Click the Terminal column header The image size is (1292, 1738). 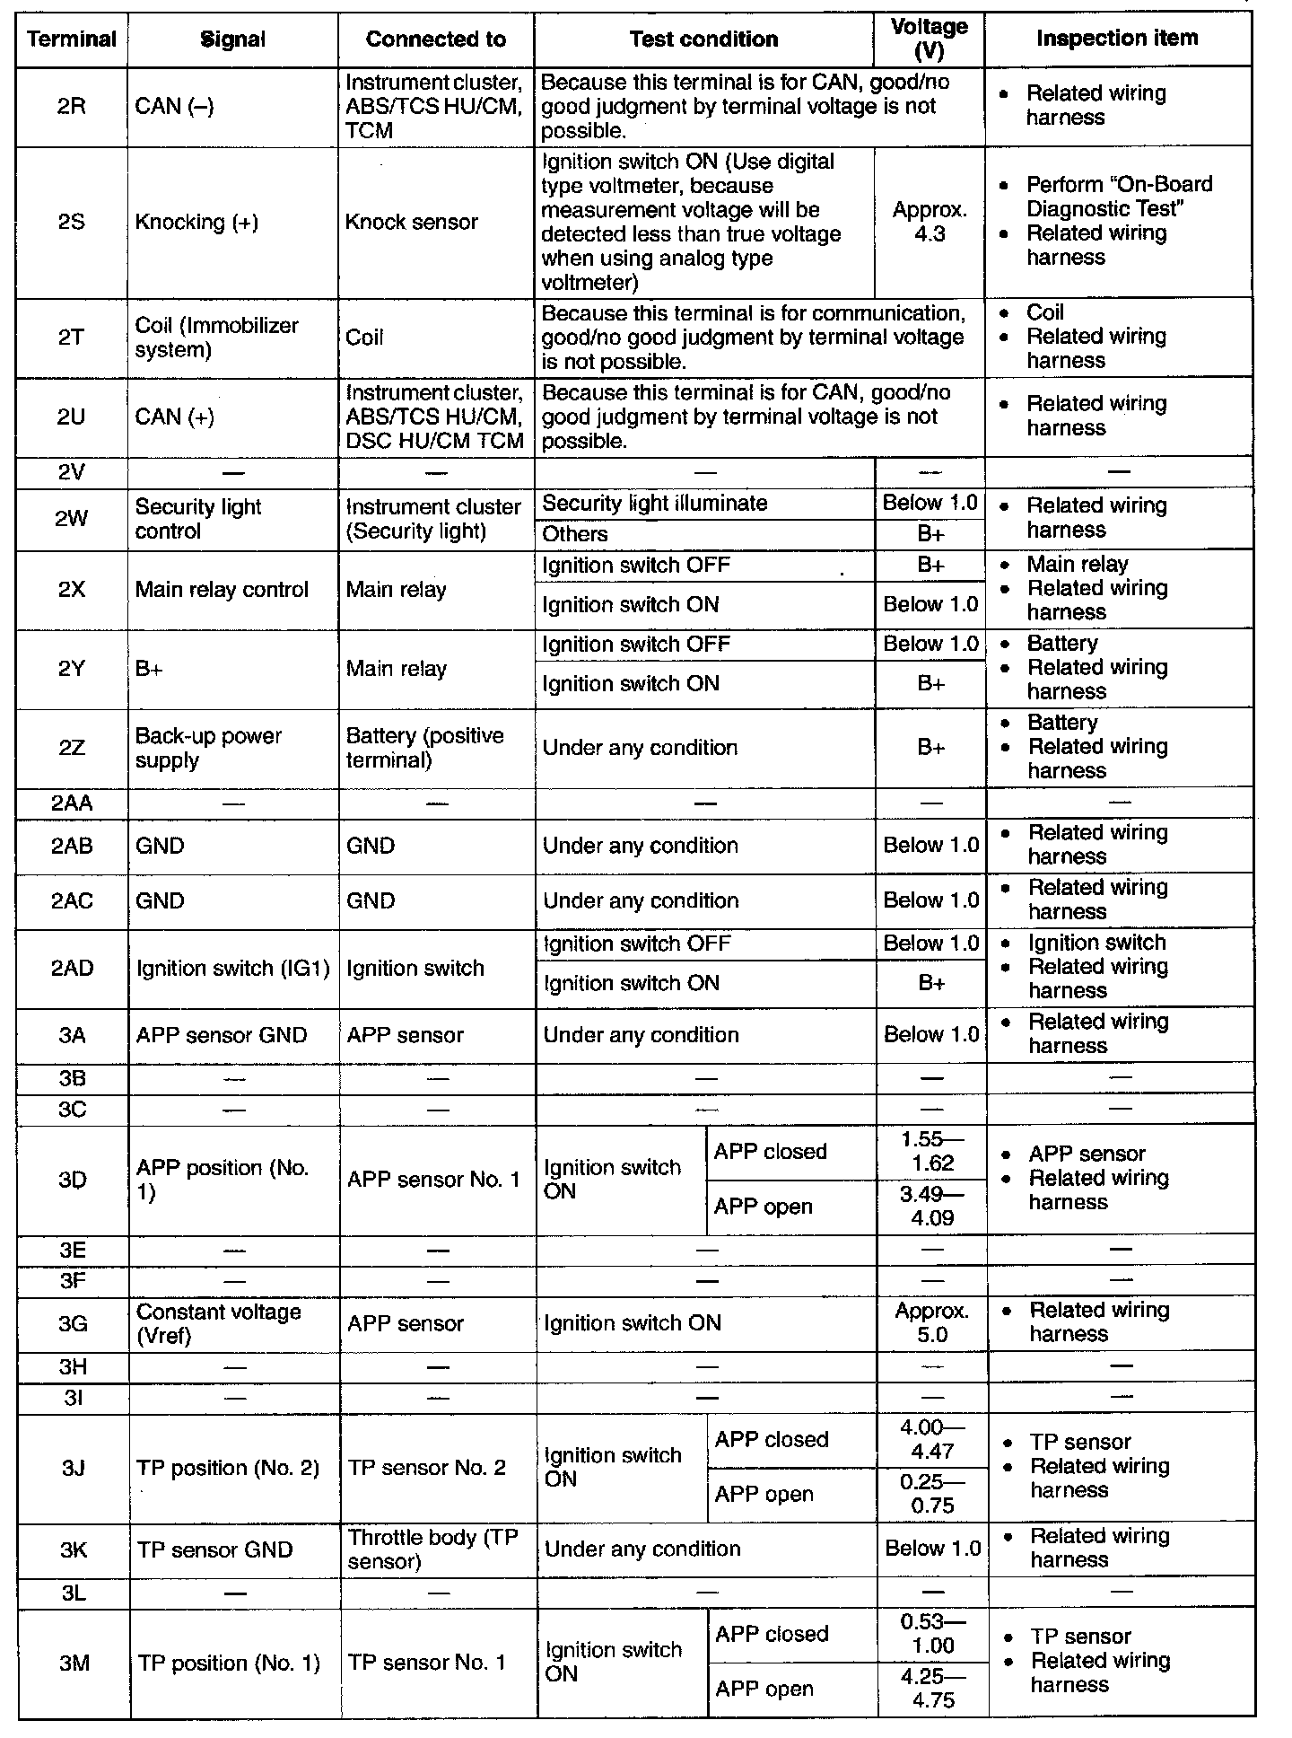click(72, 39)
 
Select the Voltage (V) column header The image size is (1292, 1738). click(929, 39)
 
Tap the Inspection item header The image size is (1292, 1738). click(1117, 39)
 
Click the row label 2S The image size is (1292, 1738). click(72, 222)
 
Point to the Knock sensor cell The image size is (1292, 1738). click(411, 222)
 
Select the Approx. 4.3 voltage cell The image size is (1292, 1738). click(930, 222)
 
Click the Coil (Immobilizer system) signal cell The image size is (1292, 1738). click(216, 338)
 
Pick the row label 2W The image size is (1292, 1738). click(72, 518)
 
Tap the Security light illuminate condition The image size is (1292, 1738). click(655, 504)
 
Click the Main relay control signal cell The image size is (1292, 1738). click(222, 590)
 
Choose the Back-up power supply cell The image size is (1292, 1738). click(208, 748)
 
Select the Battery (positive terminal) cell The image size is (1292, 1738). click(424, 748)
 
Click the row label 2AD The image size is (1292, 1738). click(72, 968)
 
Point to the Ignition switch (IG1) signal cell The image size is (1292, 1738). click(232, 969)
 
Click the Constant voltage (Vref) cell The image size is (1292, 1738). click(218, 1323)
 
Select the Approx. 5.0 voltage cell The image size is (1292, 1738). click(932, 1323)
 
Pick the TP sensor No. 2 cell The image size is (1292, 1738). click(426, 1468)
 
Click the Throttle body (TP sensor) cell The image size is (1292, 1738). click(432, 1549)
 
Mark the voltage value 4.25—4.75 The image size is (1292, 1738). click(933, 1689)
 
